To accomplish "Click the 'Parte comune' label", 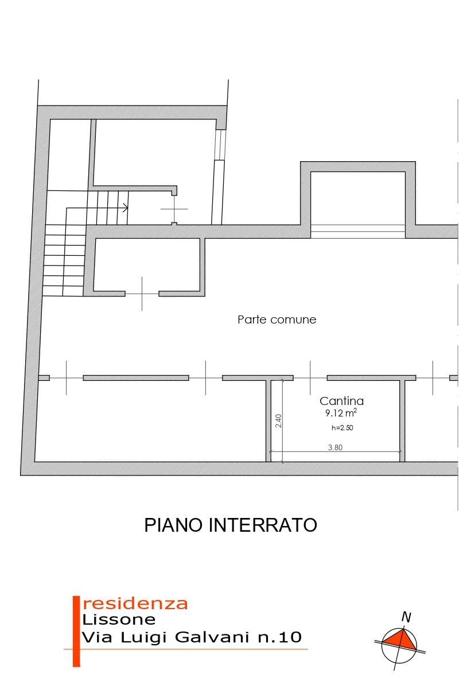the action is pyautogui.click(x=277, y=319).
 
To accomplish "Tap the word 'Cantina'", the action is pyautogui.click(x=342, y=401).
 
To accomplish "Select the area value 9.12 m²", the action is pyautogui.click(x=341, y=413).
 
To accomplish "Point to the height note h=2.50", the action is pyautogui.click(x=342, y=428).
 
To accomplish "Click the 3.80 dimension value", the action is pyautogui.click(x=335, y=447).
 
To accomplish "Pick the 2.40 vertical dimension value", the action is pyautogui.click(x=279, y=421).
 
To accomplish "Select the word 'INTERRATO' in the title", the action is pyautogui.click(x=263, y=525).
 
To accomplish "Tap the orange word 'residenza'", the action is pyautogui.click(x=135, y=603).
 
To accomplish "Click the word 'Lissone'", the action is pyautogui.click(x=119, y=619).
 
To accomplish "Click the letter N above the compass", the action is pyautogui.click(x=406, y=617).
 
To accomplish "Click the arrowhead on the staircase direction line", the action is pyautogui.click(x=126, y=208).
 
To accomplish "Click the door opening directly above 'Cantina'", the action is pyautogui.click(x=310, y=378).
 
